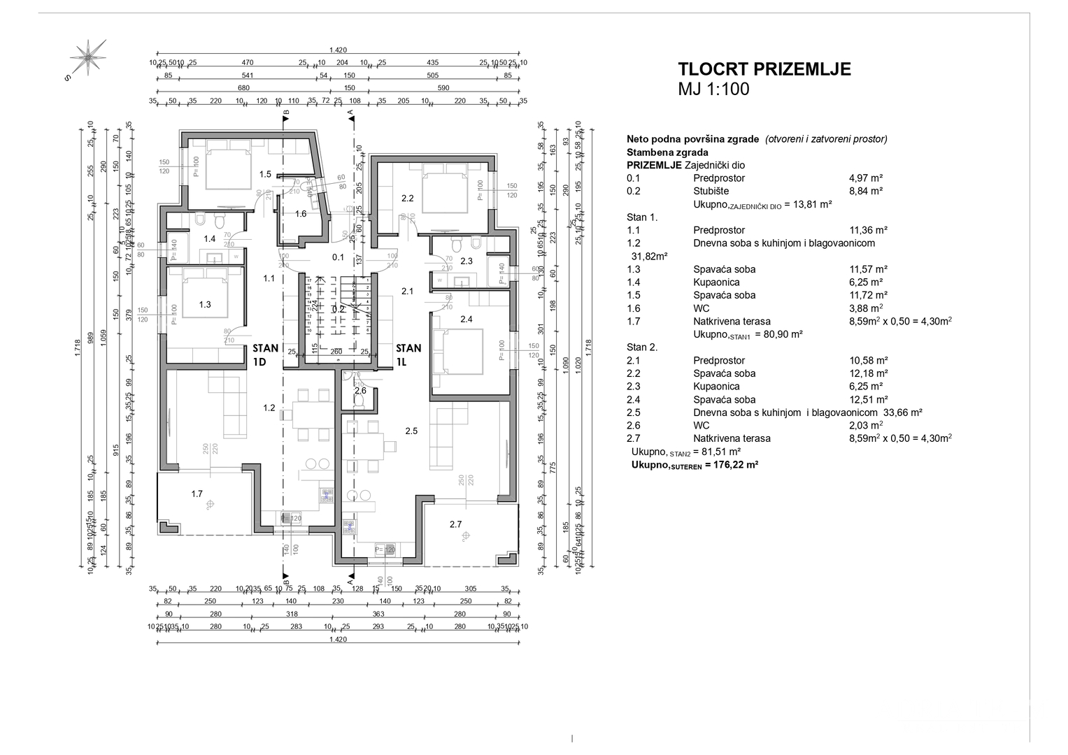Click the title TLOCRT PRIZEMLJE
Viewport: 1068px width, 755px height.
(x=764, y=69)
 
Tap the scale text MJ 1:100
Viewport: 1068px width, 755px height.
(x=713, y=89)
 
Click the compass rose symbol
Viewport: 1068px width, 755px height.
(x=88, y=56)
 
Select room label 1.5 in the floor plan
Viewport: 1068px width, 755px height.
(x=265, y=174)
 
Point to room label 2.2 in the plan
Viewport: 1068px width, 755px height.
(x=408, y=199)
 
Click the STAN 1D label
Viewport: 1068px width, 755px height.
(x=265, y=354)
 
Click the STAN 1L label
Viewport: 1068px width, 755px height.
(x=408, y=354)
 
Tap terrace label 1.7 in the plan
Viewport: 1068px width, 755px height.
(x=197, y=494)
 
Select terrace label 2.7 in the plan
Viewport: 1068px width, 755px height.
(x=455, y=524)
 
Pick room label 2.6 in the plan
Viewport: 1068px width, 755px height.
(x=360, y=391)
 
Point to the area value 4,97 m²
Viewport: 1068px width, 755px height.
(x=867, y=178)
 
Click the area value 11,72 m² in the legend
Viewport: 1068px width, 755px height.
(x=868, y=295)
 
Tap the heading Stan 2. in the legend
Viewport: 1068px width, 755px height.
(x=642, y=347)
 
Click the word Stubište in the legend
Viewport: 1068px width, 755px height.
(x=712, y=191)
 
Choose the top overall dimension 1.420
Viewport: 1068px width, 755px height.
(x=338, y=50)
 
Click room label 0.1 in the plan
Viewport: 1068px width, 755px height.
(x=338, y=257)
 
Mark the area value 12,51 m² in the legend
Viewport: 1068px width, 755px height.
(x=868, y=400)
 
